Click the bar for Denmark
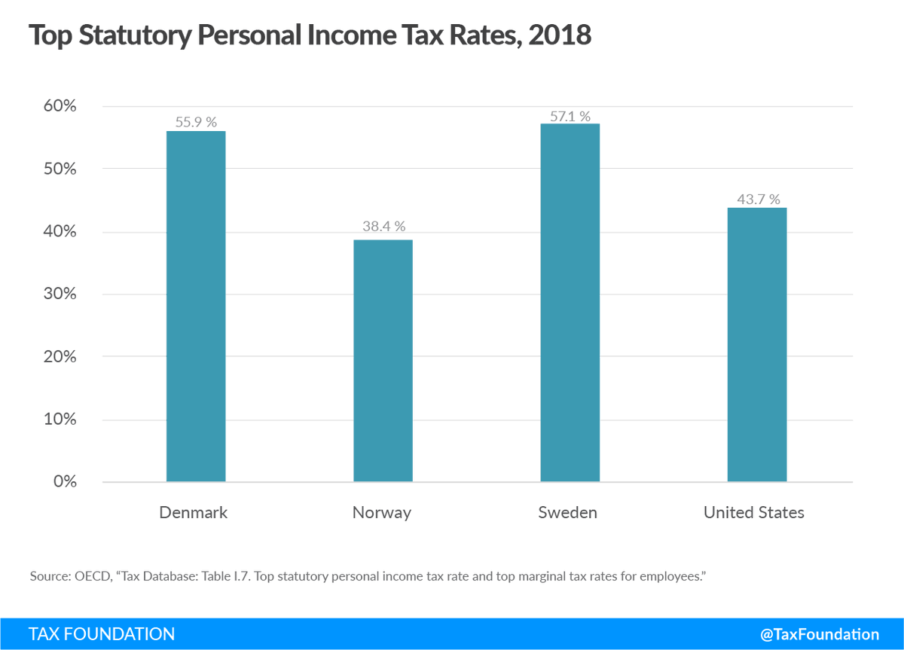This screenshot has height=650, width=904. click(196, 306)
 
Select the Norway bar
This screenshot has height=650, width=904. click(383, 361)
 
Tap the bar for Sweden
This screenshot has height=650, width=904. click(570, 302)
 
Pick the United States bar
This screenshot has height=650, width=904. click(756, 344)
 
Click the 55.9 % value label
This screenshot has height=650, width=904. click(196, 122)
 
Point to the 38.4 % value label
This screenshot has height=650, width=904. click(383, 226)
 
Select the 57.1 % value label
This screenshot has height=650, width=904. click(570, 116)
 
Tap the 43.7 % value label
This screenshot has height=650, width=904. click(756, 199)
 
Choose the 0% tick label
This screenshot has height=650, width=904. click(63, 481)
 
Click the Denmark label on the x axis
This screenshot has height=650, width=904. click(194, 513)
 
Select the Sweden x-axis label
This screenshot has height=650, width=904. click(568, 513)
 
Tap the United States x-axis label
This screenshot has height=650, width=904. click(754, 513)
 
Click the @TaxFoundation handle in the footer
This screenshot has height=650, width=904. click(820, 634)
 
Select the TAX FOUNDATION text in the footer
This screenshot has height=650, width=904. click(102, 634)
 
